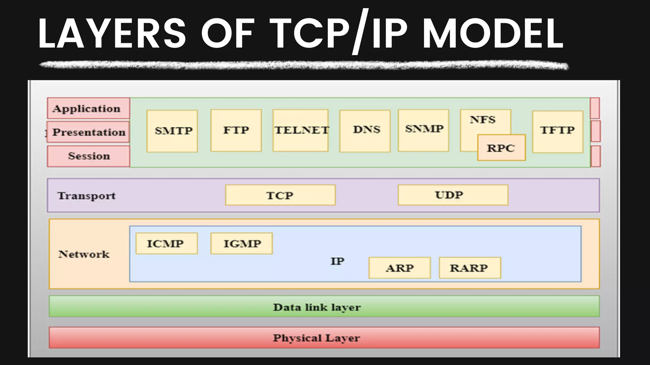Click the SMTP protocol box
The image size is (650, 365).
[x=172, y=131]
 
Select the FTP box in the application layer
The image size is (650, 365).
[x=236, y=130]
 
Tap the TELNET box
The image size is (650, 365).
[x=301, y=130]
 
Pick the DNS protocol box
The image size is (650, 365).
[x=365, y=131]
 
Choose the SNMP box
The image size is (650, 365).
[x=423, y=130]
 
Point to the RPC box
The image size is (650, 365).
[x=501, y=148]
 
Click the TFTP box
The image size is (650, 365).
[x=558, y=131]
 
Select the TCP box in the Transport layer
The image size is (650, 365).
[x=280, y=195]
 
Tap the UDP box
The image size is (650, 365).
[x=453, y=195]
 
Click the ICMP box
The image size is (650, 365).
[x=167, y=243]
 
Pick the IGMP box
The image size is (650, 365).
[x=242, y=243]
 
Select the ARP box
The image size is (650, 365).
[x=400, y=268]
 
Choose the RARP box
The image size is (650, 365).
[x=470, y=268]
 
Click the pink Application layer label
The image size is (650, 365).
[x=88, y=108]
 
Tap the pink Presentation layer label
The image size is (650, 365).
[x=88, y=132]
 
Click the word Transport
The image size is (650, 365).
[x=87, y=195]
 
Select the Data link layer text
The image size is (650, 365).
[x=317, y=307]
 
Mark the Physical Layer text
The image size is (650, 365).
[x=316, y=338]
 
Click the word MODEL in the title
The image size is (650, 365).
[x=493, y=34]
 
